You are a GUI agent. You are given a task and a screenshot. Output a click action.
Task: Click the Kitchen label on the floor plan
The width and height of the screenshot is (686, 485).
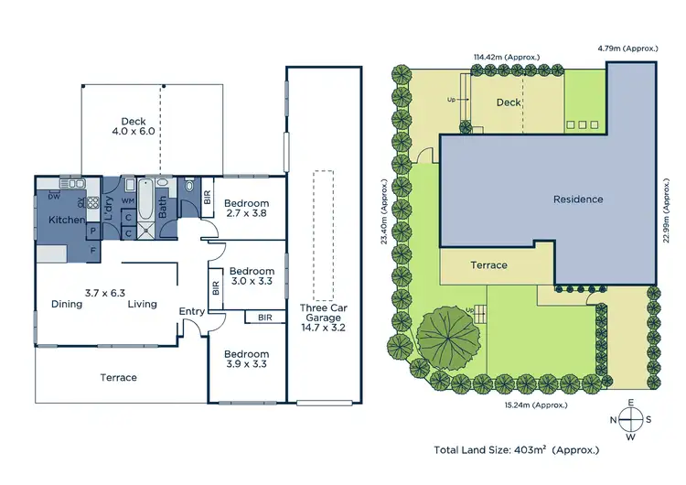coord(67,220)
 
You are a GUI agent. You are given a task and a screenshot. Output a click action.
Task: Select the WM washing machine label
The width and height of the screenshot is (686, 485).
coord(127,199)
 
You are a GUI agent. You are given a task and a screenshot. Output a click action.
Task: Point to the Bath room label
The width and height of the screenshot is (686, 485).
coord(163,208)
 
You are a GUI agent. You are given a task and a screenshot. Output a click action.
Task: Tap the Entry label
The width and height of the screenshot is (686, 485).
coord(192,312)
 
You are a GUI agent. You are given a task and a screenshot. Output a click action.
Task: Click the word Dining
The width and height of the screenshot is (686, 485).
coord(67,305)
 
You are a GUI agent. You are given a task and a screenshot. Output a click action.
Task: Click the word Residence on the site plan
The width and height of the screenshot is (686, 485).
coord(578,199)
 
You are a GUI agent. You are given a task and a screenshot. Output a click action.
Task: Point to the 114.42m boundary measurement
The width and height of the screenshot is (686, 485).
coord(505,57)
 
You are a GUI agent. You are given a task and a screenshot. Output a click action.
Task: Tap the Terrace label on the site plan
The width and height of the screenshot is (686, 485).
coord(489,264)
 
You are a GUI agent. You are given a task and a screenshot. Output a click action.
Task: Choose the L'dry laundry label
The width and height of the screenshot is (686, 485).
coord(108,213)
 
